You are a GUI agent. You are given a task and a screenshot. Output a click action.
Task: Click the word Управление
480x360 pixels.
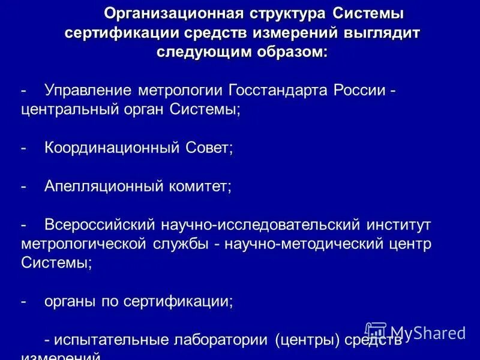tap(88, 91)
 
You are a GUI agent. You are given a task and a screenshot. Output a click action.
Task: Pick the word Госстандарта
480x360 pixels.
tap(279, 91)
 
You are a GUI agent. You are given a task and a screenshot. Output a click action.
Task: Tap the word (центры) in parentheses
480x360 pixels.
tap(307, 341)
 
